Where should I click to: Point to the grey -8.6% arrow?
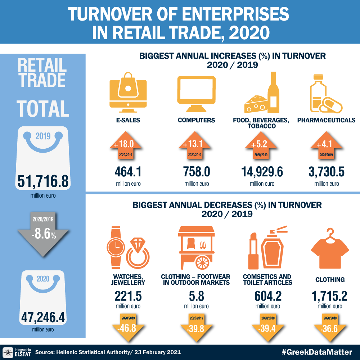(x=43, y=232)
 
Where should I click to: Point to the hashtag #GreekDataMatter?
(x=316, y=352)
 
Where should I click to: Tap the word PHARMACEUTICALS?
(x=326, y=120)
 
